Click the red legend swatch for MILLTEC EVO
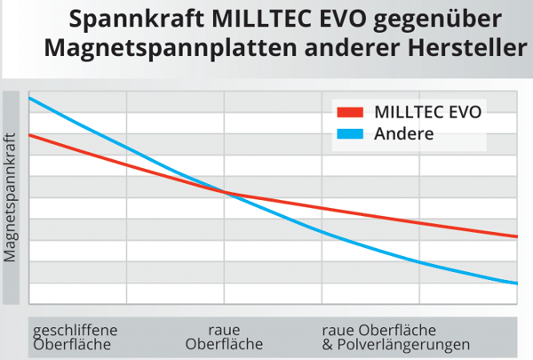[x=350, y=112]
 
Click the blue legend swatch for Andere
[x=350, y=134]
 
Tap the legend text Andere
[x=403, y=134]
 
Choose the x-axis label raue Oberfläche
[x=224, y=338]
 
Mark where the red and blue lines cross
[x=227, y=192]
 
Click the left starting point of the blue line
[x=31, y=97]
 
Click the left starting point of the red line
[x=31, y=135]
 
